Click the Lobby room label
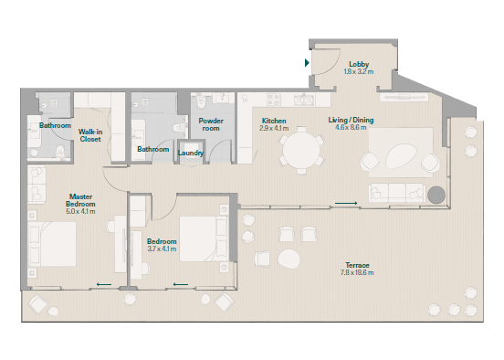point(359,64)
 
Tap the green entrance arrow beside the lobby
point(307,62)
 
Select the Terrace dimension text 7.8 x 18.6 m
point(357,273)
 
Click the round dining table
point(301,150)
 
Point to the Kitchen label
point(274,121)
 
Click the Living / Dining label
point(351,120)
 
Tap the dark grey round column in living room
point(436,195)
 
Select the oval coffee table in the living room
point(402,156)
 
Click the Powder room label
point(211,124)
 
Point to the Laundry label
point(191,153)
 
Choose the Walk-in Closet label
point(90,135)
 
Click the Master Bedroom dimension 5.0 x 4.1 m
point(80,211)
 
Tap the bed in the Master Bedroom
point(52,244)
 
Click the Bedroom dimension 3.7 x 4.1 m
point(162,249)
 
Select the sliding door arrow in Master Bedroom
point(104,284)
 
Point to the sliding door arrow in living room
point(346,203)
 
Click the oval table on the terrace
point(289,259)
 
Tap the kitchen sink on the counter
point(304,100)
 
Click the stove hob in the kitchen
point(274,100)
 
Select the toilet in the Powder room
point(201,101)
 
